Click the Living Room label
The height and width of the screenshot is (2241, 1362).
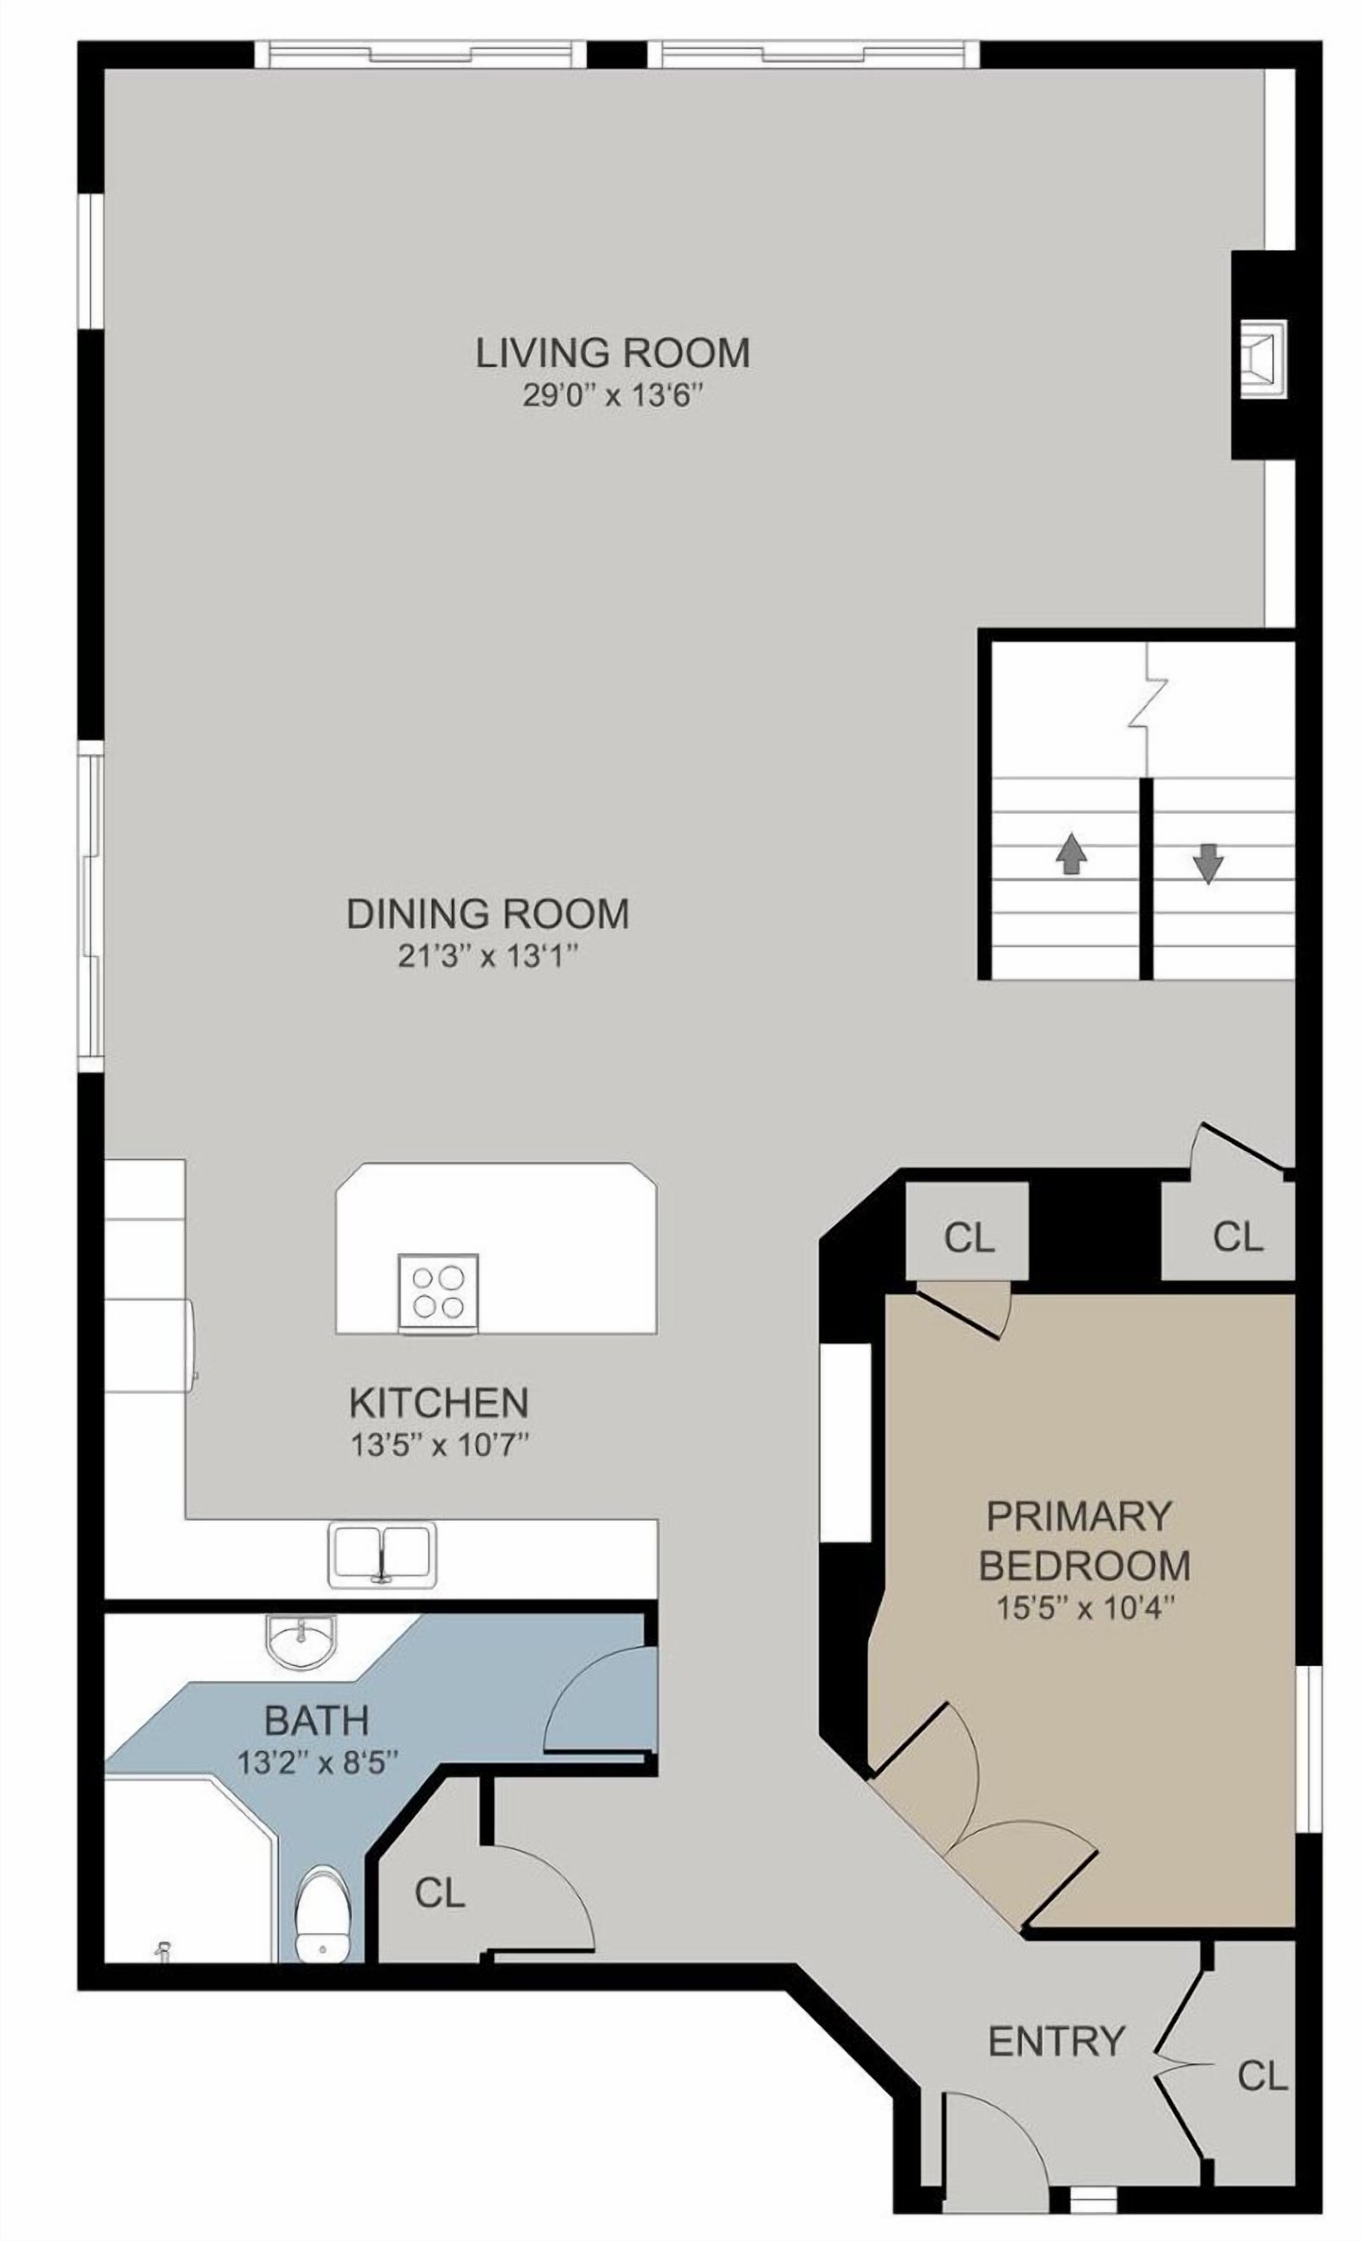[x=612, y=352]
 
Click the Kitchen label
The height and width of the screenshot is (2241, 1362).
[x=439, y=1403]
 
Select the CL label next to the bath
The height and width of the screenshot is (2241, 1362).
[x=439, y=1893]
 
